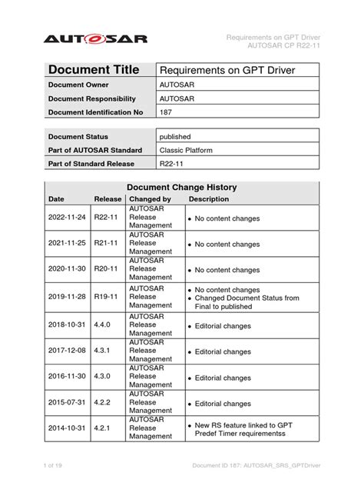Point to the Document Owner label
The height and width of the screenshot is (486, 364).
click(x=81, y=85)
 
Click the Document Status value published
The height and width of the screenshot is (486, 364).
click(x=175, y=135)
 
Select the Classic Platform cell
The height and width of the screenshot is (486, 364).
click(x=186, y=149)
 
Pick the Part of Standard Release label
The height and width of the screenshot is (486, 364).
click(x=91, y=163)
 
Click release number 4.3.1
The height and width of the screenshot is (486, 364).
click(x=104, y=351)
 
